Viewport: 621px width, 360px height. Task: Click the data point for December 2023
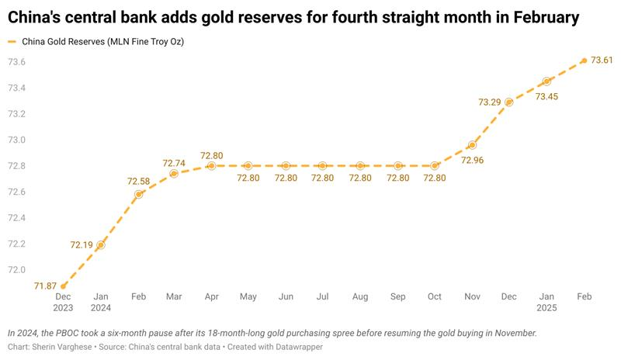coord(64,286)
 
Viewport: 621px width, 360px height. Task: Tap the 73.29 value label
coord(491,102)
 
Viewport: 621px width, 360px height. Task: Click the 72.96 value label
coord(473,160)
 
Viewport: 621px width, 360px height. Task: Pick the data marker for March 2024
coord(174,173)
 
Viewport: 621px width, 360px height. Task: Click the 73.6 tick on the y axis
coord(17,62)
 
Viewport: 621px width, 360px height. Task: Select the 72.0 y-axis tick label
coord(17,270)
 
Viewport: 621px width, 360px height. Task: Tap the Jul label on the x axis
coord(323,296)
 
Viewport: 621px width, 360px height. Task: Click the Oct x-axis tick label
coord(435,296)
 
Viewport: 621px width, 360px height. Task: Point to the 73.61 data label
coord(602,60)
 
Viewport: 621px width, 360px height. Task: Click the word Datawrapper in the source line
coord(296,347)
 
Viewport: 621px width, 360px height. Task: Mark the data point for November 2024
coord(472,145)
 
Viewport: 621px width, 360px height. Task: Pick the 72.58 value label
coord(138,181)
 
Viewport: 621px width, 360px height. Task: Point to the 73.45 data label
coord(546,96)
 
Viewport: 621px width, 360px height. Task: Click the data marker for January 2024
coord(101,245)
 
